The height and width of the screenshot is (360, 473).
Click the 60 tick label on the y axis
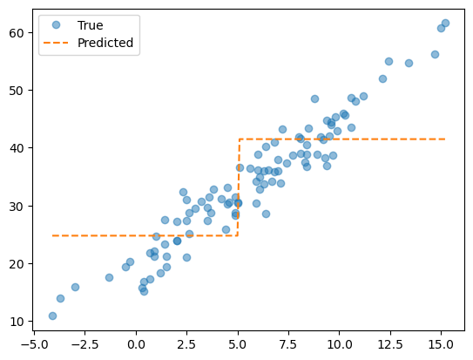tap(17, 33)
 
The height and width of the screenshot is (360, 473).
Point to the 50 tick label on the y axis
tap(17, 91)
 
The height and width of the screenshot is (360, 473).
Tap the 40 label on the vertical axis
tap(17, 148)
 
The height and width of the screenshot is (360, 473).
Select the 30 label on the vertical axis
tap(17, 206)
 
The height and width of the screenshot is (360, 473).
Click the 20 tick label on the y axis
tap(17, 264)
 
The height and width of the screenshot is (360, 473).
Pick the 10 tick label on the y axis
tap(17, 322)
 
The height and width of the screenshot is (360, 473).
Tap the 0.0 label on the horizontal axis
tap(136, 344)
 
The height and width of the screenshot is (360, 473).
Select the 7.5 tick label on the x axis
tap(288, 344)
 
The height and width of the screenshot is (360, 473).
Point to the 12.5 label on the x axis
tap(390, 344)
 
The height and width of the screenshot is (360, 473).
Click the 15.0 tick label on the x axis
tap(442, 344)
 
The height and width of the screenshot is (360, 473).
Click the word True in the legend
tap(91, 25)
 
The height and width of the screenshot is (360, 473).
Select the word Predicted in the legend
tap(105, 43)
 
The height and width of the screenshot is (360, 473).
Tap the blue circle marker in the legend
tap(56, 24)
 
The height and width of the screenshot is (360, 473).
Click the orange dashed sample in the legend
tap(56, 43)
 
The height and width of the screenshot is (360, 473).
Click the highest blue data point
tap(445, 23)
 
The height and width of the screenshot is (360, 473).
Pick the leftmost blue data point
tap(52, 316)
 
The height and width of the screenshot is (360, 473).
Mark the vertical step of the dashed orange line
tap(239, 187)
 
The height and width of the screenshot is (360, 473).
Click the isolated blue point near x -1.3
tap(109, 277)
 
